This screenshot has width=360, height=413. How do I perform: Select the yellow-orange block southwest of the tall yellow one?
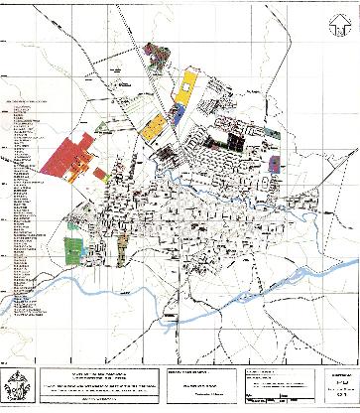[x=153, y=127]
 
